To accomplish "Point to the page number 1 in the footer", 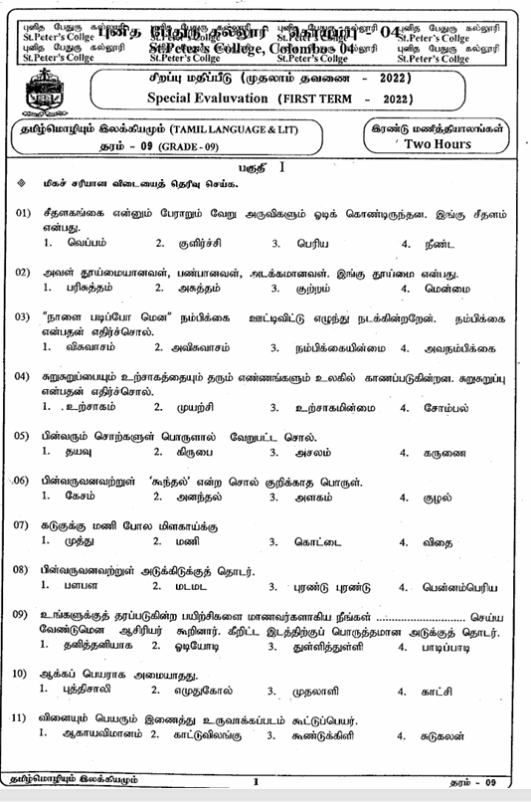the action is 256,783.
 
